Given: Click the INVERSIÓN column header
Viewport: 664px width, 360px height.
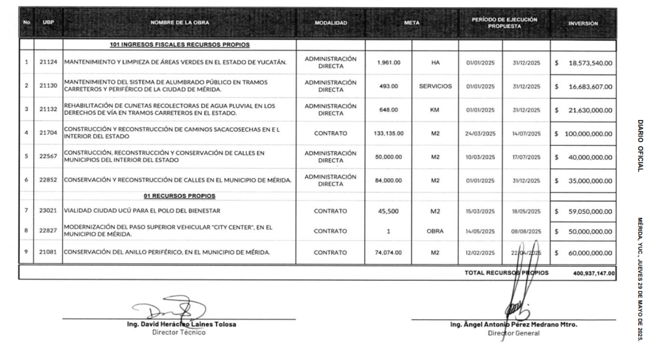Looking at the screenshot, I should [583, 23].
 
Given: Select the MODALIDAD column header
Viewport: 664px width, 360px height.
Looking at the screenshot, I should [331, 23].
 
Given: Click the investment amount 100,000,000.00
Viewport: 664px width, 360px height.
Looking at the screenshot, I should [587, 133].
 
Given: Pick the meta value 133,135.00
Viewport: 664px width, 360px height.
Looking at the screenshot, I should [388, 133].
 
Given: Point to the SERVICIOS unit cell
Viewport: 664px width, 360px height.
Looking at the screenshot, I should [435, 86].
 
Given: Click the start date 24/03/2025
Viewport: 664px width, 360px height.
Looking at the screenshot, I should [480, 133].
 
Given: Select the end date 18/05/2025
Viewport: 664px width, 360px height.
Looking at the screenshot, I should [526, 211].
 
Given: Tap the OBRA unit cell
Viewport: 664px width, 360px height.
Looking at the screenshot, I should [435, 231].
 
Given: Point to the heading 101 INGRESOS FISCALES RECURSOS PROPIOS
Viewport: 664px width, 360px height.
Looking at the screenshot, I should [180, 45].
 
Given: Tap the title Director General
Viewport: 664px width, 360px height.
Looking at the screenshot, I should [513, 333].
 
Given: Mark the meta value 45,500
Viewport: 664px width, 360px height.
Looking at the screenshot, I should [388, 211].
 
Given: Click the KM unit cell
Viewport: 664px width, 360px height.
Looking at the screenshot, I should [435, 109].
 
